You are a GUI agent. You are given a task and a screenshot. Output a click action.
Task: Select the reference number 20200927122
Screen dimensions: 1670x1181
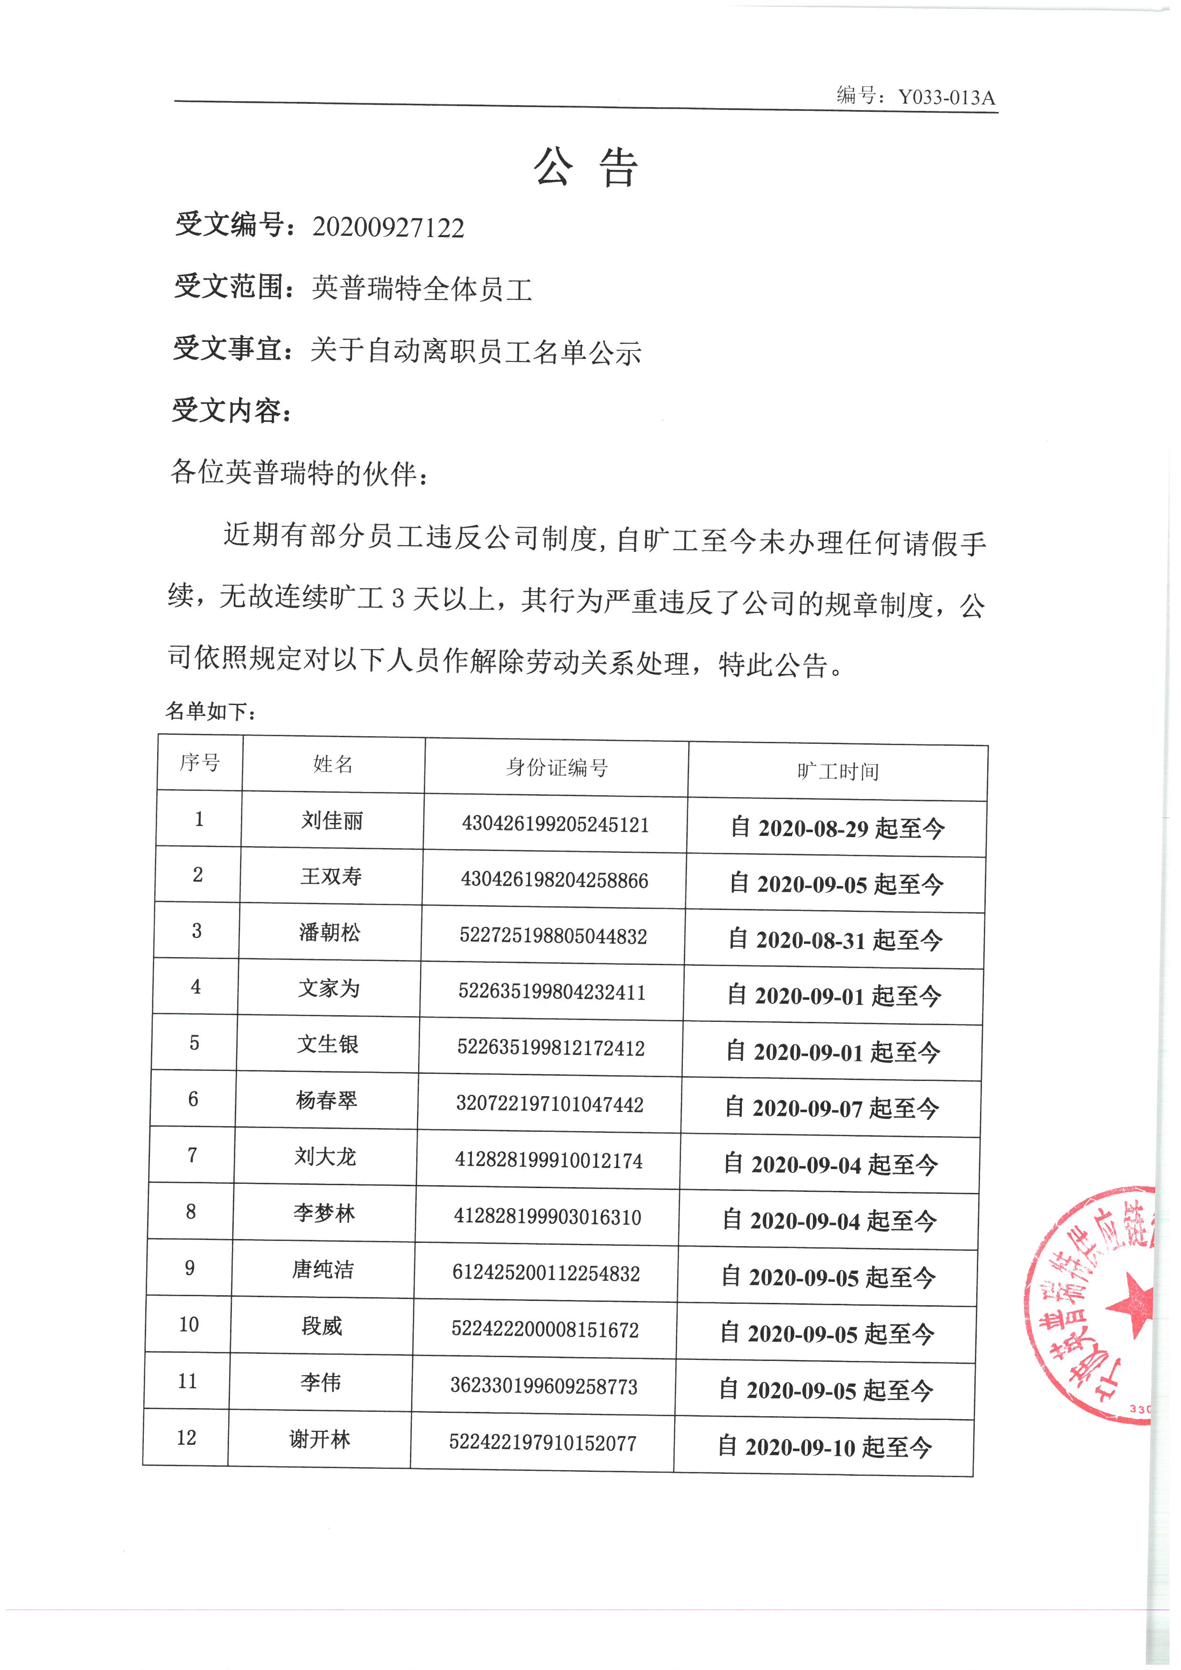point(388,228)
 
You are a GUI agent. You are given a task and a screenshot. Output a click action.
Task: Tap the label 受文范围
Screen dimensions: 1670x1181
point(229,287)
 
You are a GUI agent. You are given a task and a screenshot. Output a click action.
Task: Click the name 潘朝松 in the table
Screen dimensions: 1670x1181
point(330,932)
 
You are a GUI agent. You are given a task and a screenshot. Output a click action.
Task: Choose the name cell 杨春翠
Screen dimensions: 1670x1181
point(327,1100)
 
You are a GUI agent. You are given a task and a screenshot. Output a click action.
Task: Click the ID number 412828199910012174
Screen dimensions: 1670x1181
point(549,1161)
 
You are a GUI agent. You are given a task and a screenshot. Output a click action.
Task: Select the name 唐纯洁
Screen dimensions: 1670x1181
point(323,1269)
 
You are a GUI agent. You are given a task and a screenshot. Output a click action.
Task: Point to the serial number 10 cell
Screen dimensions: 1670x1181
point(189,1324)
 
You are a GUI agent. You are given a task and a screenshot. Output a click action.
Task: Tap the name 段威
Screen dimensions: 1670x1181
point(321,1326)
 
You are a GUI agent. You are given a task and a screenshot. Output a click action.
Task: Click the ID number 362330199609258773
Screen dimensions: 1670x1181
point(544,1386)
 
